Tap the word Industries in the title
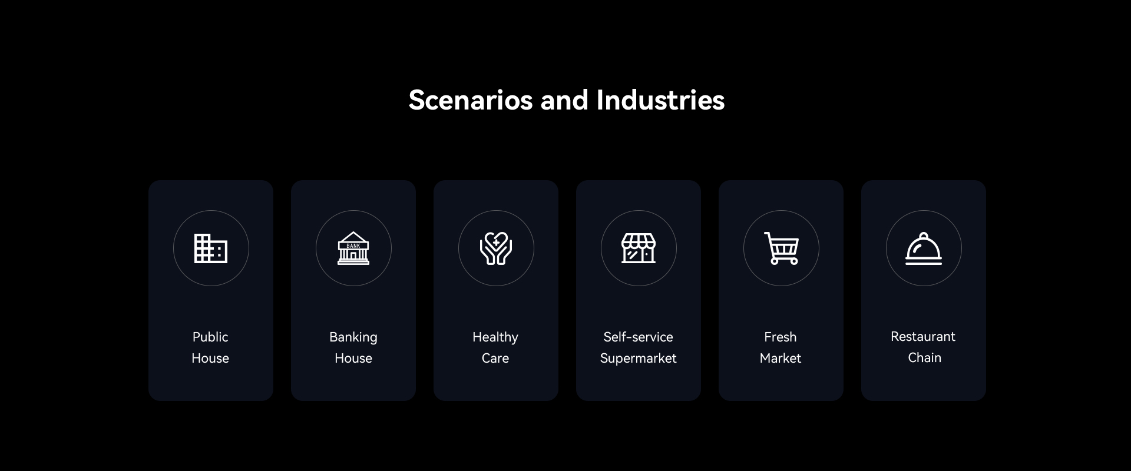tap(660, 100)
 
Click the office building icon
tap(211, 248)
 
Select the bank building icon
tap(353, 248)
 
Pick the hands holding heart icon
tap(496, 248)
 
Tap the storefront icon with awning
tap(639, 248)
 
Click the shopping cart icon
tap(781, 248)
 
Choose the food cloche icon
tap(924, 248)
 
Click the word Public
tap(210, 337)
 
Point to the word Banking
tap(353, 337)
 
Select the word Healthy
tap(495, 337)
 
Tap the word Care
tap(495, 358)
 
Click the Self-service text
tap(638, 337)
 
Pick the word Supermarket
tap(639, 359)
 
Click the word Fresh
tap(781, 337)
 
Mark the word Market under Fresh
tap(781, 358)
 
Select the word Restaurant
tap(923, 336)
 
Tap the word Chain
tap(925, 357)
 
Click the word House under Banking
tap(353, 358)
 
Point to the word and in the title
tap(565, 100)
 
